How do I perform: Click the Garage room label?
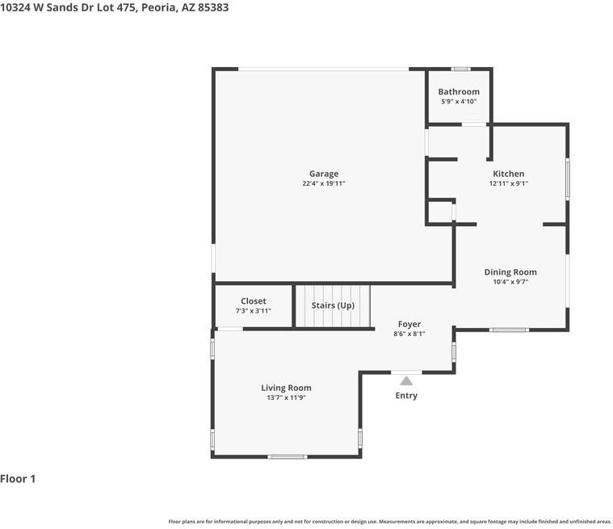point(324,174)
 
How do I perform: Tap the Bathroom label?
point(459,91)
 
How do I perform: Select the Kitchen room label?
point(508,174)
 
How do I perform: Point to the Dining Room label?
point(510,272)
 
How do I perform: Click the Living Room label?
point(286,388)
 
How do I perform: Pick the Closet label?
point(254,301)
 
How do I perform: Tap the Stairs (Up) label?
point(333,305)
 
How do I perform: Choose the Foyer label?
point(409,324)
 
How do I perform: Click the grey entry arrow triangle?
point(406,381)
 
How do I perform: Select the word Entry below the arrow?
point(406,396)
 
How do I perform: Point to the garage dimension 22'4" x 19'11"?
point(324,183)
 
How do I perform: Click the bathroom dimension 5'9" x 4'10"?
point(459,102)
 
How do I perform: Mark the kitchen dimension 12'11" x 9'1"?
point(509,183)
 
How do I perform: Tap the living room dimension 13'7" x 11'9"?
point(286,397)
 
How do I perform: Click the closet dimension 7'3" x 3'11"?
point(254,311)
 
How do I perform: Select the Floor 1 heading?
point(18,479)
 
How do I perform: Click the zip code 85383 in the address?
point(213,7)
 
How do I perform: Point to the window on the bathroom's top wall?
point(461,69)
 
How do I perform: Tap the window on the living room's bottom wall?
point(288,456)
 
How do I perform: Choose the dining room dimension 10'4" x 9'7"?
point(510,282)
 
